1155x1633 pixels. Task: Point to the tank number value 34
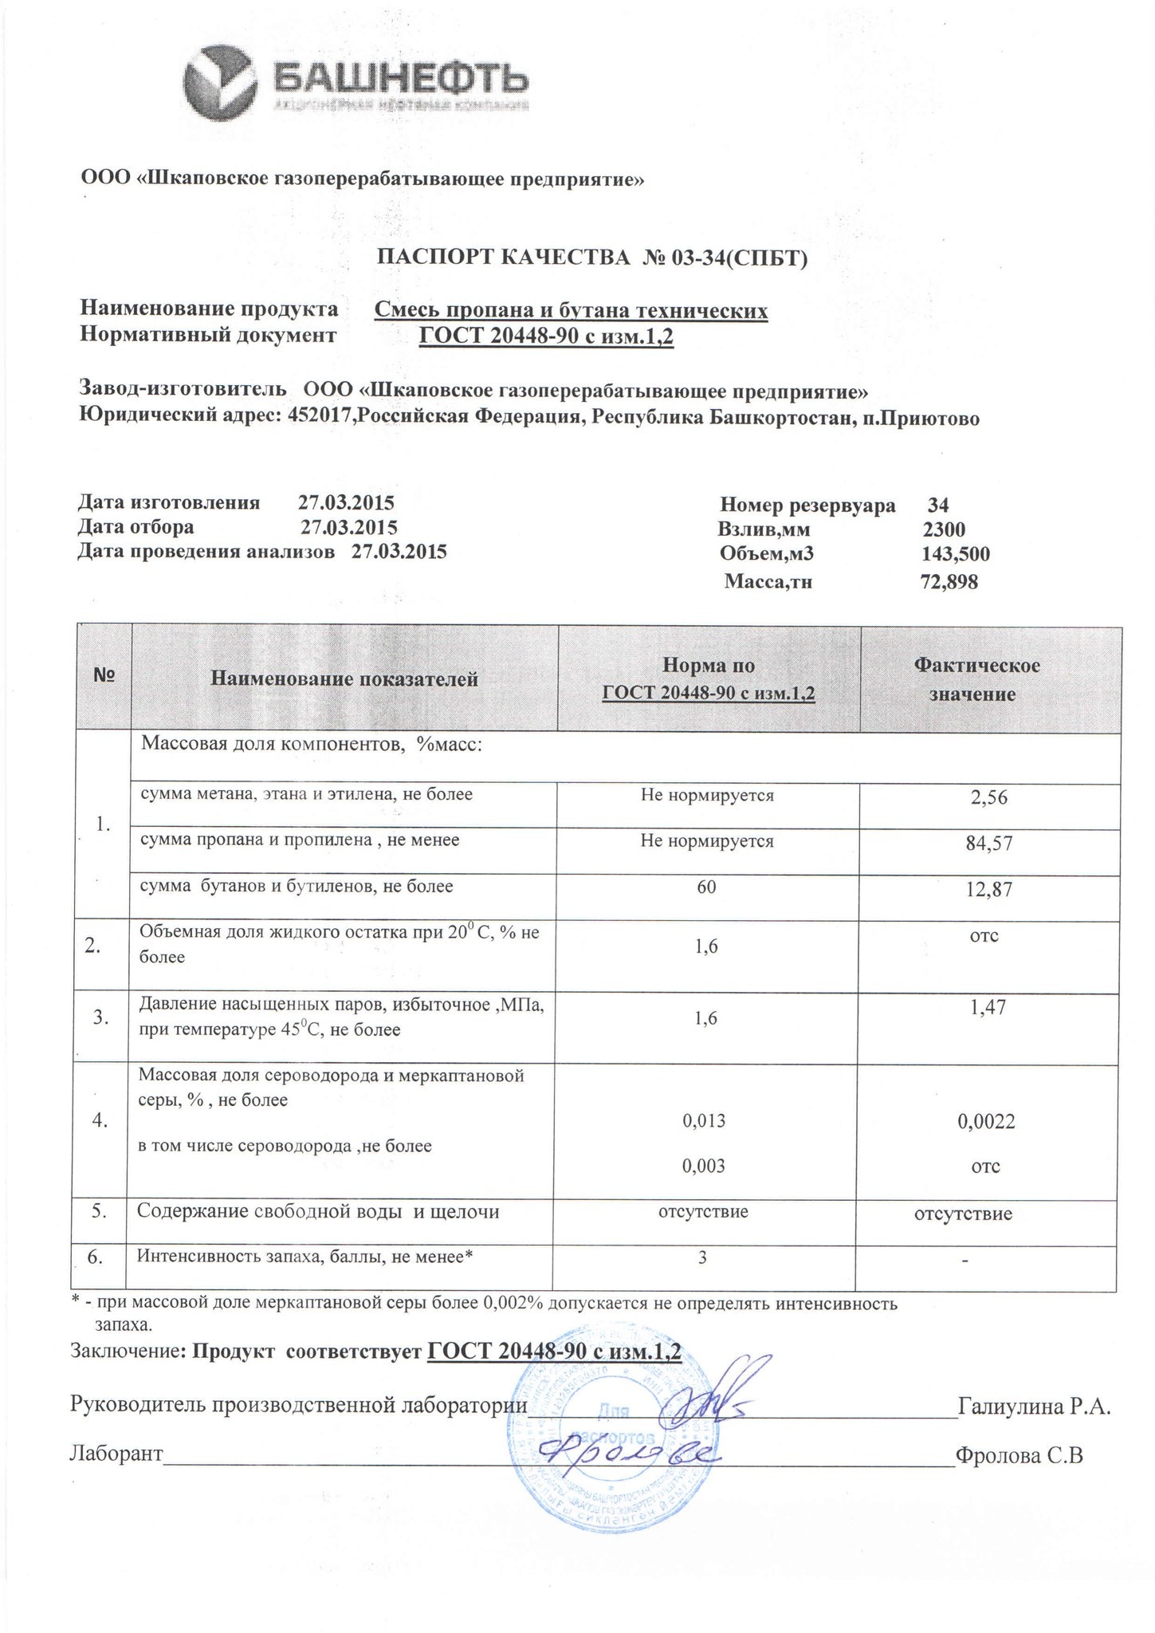(938, 505)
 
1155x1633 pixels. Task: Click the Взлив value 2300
(944, 529)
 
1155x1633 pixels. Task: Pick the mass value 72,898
(949, 582)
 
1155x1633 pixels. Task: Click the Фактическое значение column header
(976, 679)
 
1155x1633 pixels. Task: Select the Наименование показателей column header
(344, 679)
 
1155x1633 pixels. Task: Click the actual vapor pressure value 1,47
(988, 1007)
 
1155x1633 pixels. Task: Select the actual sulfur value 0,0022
(986, 1122)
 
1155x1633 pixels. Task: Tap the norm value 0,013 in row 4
(704, 1121)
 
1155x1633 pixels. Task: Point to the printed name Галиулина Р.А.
(1034, 1405)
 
